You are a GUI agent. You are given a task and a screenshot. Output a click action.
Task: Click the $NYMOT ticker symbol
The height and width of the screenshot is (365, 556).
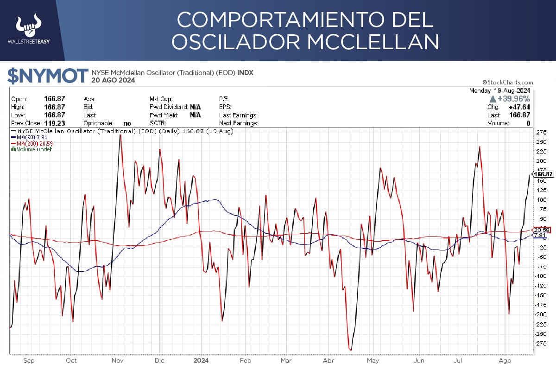(x=48, y=76)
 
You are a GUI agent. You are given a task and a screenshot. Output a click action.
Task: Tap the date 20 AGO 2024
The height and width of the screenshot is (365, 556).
(x=113, y=80)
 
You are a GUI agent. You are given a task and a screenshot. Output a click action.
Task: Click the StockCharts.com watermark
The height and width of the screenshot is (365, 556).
(x=508, y=82)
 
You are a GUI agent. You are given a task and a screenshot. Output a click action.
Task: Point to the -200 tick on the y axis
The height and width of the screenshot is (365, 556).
(x=540, y=314)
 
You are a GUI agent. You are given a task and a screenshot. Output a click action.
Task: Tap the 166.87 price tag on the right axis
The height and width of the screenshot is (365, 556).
(x=543, y=174)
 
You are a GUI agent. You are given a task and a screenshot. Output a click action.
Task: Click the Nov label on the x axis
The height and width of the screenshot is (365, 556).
(x=118, y=360)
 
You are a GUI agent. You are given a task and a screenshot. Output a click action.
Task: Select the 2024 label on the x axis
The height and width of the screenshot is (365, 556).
(x=201, y=360)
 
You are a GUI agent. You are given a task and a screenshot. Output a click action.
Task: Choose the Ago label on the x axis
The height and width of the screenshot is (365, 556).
(x=505, y=360)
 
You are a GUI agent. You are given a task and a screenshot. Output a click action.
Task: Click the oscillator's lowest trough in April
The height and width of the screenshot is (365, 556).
(x=351, y=350)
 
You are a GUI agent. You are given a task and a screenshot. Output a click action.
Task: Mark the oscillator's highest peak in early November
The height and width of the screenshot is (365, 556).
(x=120, y=135)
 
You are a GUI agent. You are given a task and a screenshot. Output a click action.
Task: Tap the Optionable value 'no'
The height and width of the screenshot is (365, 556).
(x=127, y=123)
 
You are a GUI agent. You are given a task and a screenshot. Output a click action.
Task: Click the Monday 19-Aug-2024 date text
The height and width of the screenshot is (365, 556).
(x=499, y=90)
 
